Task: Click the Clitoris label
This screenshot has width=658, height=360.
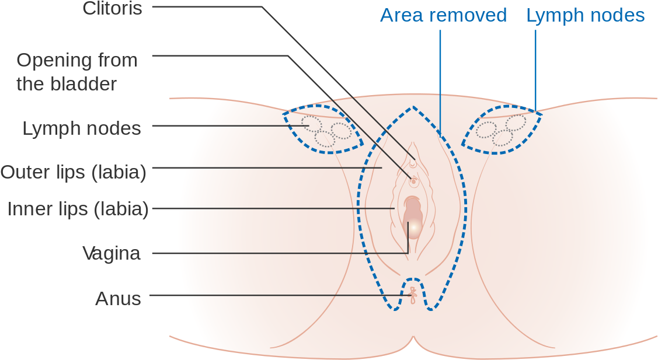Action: (x=113, y=8)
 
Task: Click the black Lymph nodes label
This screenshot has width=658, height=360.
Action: (x=81, y=128)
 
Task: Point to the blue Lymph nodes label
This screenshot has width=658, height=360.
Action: (x=586, y=16)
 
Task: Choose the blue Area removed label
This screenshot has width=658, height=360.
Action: (x=444, y=16)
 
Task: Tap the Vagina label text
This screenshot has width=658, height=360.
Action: (x=111, y=253)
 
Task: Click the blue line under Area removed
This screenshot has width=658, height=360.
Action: (x=440, y=83)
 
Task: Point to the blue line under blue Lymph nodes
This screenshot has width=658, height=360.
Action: (x=535, y=71)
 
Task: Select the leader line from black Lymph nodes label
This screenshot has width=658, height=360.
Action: (x=231, y=126)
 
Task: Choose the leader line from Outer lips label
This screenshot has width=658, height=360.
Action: (x=267, y=168)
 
